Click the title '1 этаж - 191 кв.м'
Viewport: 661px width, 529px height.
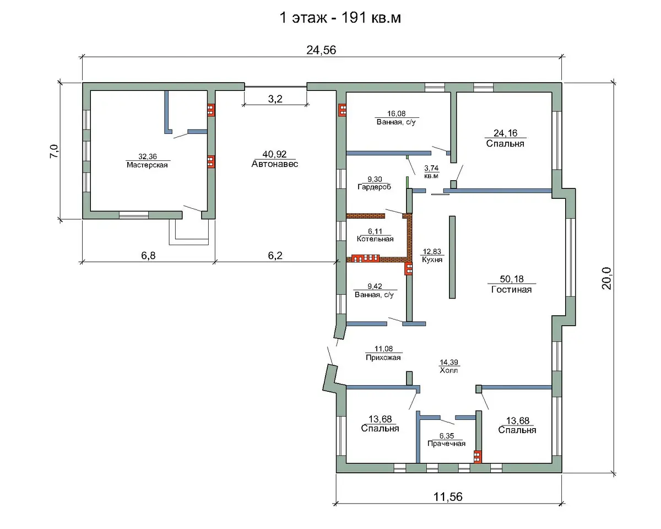pos(340,18)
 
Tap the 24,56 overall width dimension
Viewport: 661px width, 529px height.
pos(321,50)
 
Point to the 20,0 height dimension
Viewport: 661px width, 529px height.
pos(606,278)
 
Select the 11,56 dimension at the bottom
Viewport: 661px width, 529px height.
pos(448,496)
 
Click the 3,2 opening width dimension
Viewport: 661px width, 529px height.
pos(275,99)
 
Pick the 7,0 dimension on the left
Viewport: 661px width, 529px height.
pos(54,151)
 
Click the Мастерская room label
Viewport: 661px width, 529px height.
pos(147,165)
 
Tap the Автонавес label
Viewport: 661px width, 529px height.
pos(275,164)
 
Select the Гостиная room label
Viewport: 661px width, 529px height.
pos(511,289)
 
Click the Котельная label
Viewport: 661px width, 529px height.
pos(375,239)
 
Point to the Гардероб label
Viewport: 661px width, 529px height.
pos(375,187)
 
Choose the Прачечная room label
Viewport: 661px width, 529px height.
pos(447,444)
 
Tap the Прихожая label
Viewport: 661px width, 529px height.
pos(383,358)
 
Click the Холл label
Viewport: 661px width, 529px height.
pos(449,370)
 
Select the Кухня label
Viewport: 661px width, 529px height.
pos(432,260)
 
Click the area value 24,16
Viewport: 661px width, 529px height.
pos(505,133)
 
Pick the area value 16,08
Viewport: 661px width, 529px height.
pos(396,114)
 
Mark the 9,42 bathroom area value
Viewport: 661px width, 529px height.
pos(375,286)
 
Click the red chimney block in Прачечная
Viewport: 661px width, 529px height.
pos(478,456)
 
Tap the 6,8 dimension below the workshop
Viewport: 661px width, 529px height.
pos(148,256)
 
